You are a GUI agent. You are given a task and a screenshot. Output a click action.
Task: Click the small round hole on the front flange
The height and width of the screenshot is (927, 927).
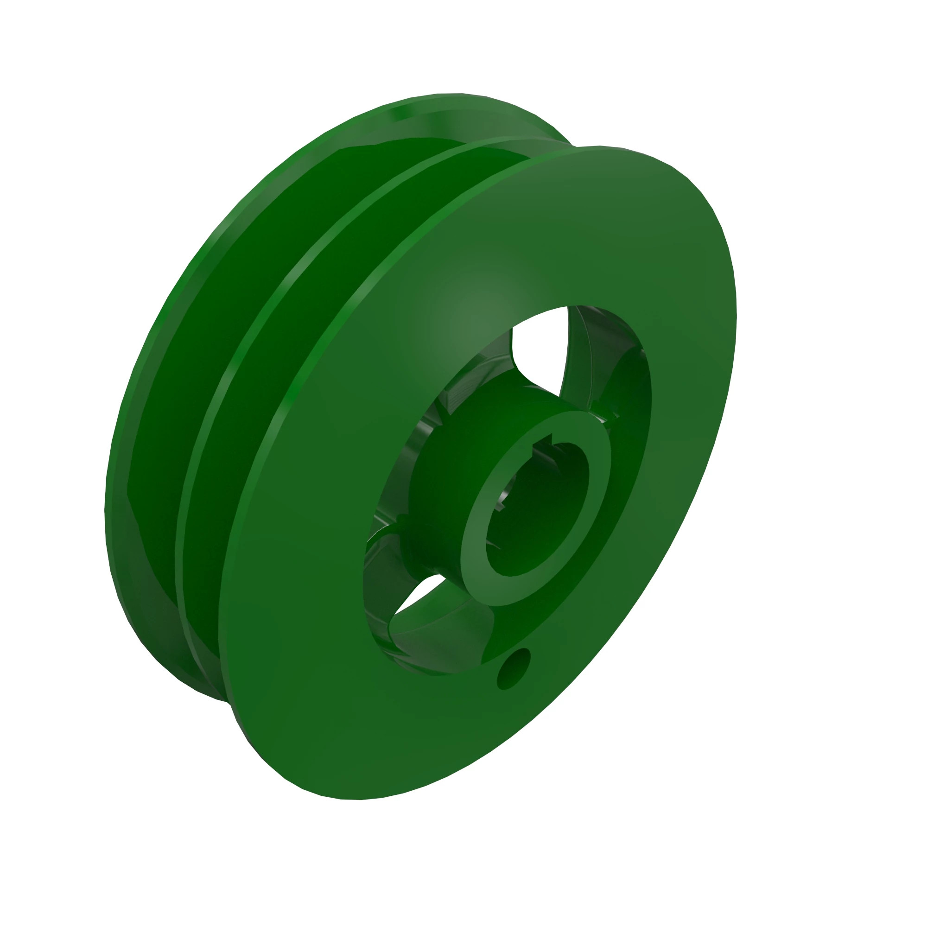click(514, 669)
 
